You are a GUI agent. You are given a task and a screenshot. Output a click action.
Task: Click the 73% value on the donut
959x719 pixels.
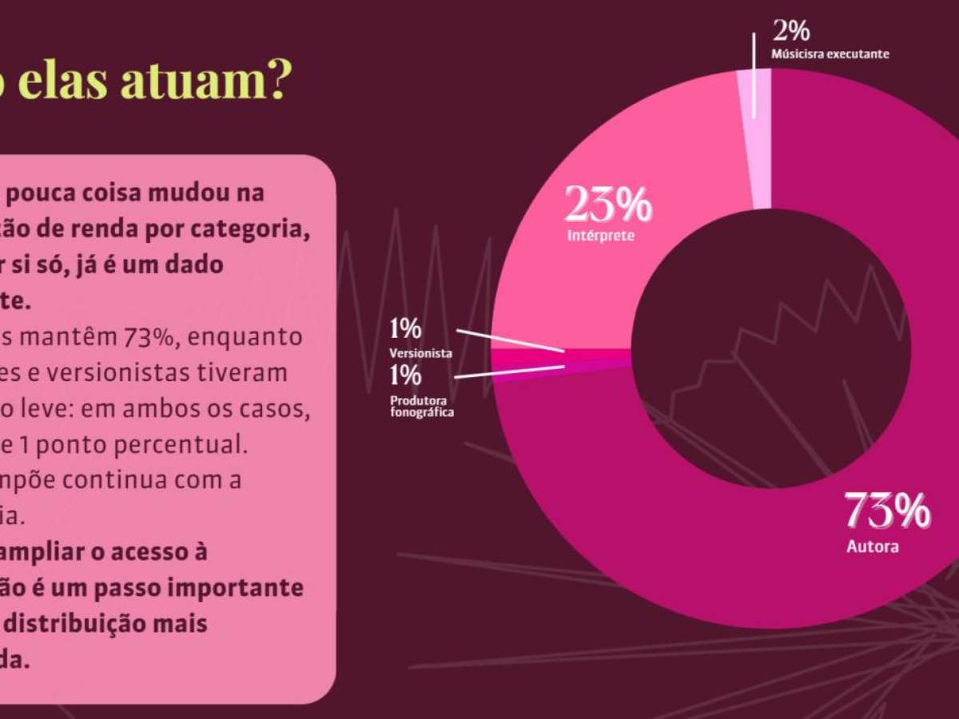coord(887,510)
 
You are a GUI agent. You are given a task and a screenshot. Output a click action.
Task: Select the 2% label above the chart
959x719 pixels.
coord(791,31)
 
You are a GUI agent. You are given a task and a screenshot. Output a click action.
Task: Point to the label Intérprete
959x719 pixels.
coord(601,236)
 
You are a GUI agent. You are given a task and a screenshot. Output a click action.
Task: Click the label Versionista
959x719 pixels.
coord(421,352)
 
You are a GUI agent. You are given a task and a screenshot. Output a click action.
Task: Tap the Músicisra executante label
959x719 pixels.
coord(830,54)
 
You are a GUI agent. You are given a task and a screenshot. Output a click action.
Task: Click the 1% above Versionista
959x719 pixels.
coord(405,328)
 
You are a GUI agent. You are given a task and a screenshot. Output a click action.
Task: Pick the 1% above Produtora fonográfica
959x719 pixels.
coord(405,375)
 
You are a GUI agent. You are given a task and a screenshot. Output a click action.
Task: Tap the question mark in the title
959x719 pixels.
coord(275,81)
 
